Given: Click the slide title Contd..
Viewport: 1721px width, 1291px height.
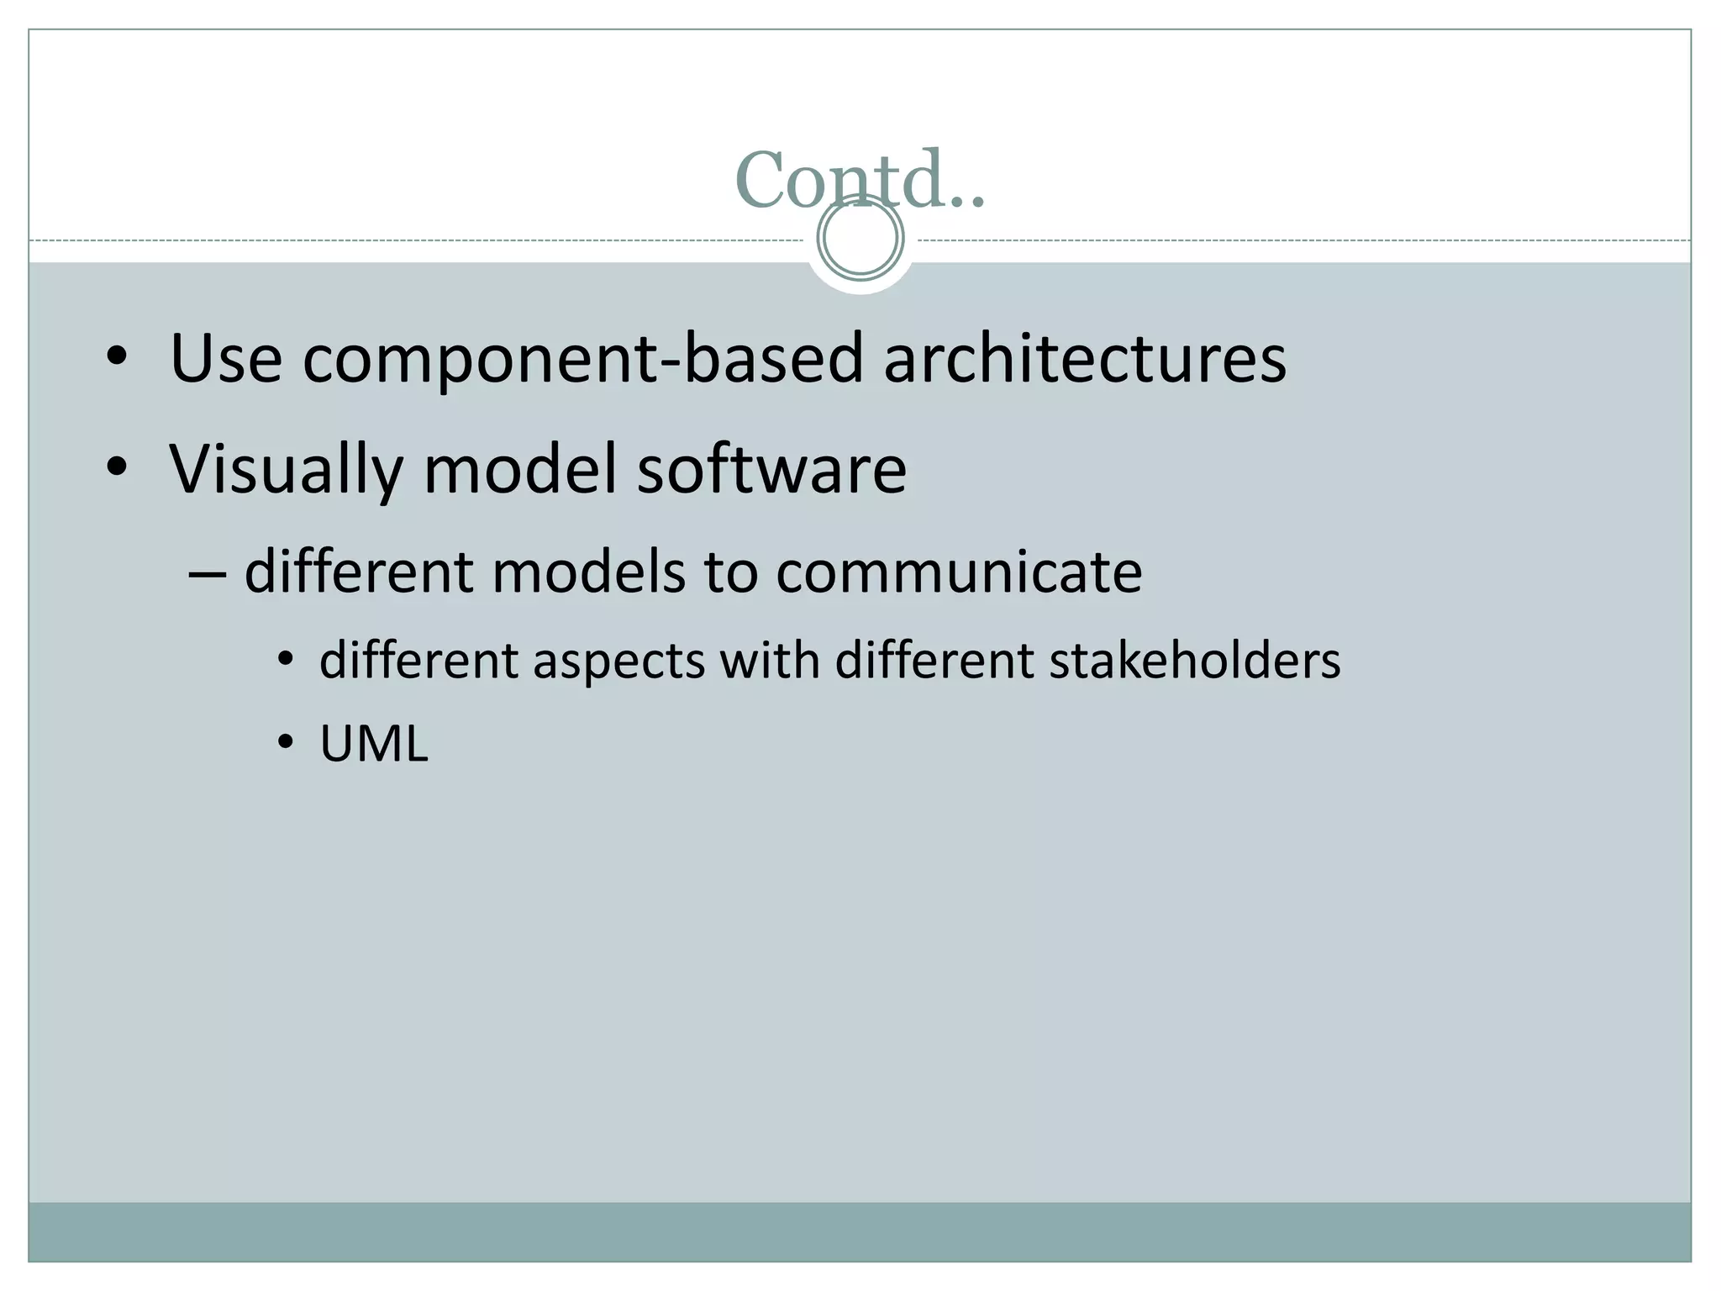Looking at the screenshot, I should click(x=859, y=178).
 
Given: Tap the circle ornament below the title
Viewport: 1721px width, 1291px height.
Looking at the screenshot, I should click(x=860, y=238).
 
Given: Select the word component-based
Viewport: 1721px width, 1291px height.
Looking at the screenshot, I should click(x=582, y=360).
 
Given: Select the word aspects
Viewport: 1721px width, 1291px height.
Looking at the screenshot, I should click(x=618, y=661).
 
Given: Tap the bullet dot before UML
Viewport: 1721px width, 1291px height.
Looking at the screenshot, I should click(x=286, y=743).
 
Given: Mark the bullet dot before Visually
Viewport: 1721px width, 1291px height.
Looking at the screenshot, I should click(x=117, y=468).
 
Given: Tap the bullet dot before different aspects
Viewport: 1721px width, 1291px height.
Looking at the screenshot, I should click(x=286, y=660).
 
